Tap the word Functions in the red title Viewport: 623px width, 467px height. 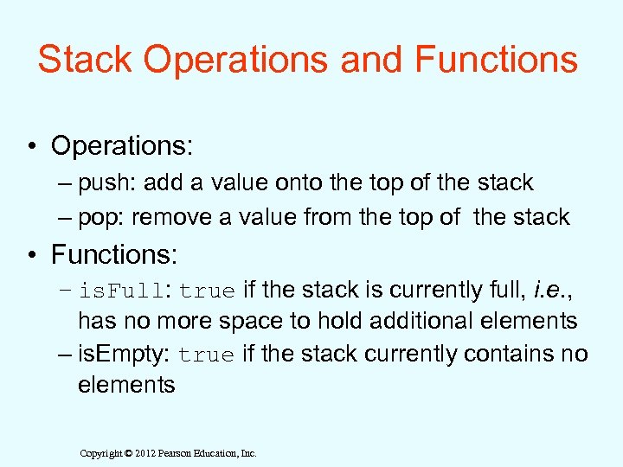496,60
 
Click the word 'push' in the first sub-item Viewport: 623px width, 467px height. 106,183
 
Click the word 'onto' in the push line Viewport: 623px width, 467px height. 303,182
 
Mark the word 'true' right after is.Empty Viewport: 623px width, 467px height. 209,355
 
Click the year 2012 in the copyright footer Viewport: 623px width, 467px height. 148,453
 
